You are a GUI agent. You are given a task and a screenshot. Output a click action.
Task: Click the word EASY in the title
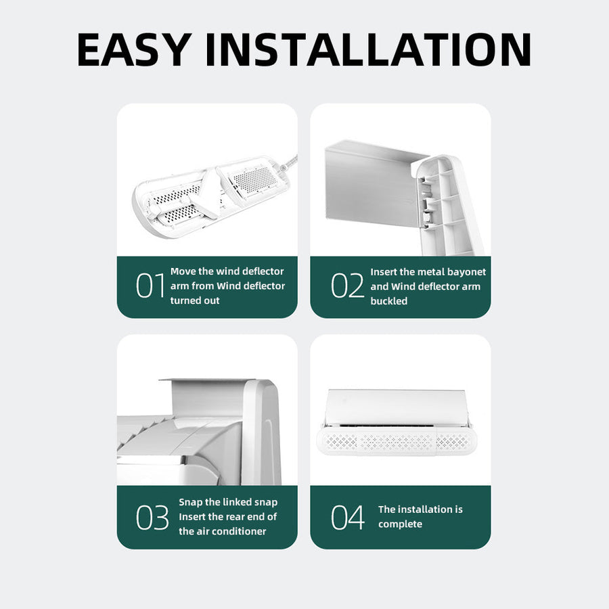click(x=135, y=49)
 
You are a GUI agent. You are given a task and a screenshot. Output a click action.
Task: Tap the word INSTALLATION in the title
click(x=368, y=49)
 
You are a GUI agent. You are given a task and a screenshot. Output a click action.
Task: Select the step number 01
click(x=150, y=286)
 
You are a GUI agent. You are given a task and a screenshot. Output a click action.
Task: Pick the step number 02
click(x=347, y=286)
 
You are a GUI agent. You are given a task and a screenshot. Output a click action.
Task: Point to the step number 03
click(x=152, y=517)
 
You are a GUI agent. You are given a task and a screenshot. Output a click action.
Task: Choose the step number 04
click(x=348, y=517)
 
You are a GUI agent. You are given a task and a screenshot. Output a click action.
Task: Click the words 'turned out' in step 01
click(x=195, y=300)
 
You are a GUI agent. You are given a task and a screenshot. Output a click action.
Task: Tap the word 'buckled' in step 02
click(x=389, y=301)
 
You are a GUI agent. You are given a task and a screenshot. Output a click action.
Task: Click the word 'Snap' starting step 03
click(x=190, y=502)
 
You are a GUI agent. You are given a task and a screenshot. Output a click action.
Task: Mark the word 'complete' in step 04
click(x=400, y=524)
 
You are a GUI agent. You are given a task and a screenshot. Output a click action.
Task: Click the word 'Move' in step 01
click(x=183, y=271)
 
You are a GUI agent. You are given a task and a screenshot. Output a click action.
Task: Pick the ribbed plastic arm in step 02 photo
click(x=449, y=206)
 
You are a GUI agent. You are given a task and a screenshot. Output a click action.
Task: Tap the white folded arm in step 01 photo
click(x=206, y=194)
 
